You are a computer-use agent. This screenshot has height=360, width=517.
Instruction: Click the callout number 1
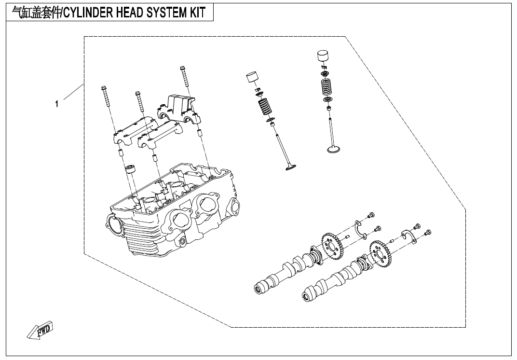click(x=57, y=104)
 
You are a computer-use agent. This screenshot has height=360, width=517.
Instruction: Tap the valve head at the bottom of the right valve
click(x=332, y=149)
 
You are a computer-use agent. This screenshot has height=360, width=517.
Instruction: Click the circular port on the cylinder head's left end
click(x=114, y=222)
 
